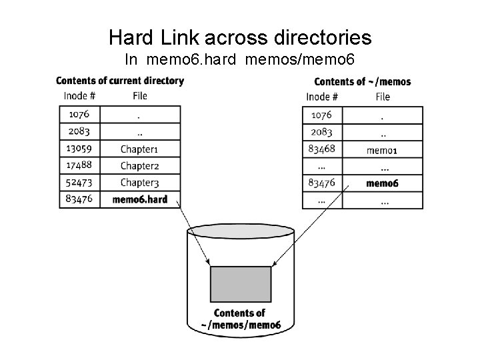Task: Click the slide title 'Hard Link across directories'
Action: click(240, 37)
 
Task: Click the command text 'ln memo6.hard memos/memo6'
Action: click(240, 59)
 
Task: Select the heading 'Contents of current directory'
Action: click(120, 81)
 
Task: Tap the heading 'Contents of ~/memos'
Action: click(362, 81)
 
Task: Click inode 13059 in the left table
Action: click(79, 148)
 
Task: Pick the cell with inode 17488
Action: click(79, 165)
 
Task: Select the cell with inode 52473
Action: click(79, 182)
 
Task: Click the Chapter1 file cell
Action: click(139, 148)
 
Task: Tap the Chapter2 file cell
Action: click(139, 165)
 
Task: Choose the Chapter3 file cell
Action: click(139, 182)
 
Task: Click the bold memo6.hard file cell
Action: click(140, 199)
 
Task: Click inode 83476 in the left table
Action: click(79, 199)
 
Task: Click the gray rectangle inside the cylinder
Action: click(240, 283)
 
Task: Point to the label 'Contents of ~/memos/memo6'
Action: click(240, 319)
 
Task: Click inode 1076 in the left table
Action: click(79, 114)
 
